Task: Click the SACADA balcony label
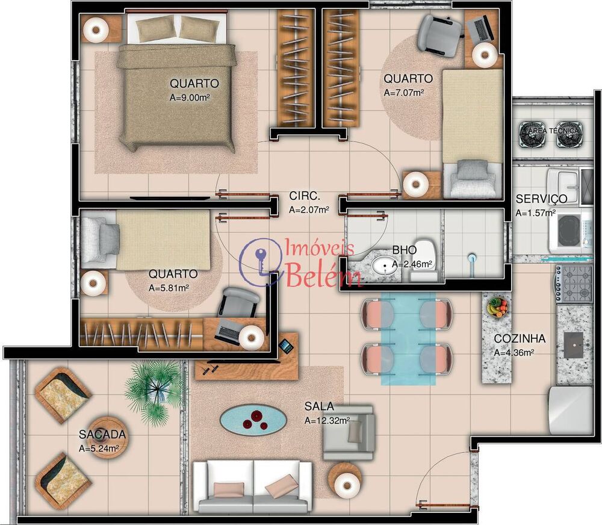[x=102, y=434]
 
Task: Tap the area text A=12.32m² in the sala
[x=327, y=421]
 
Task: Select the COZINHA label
[x=520, y=338]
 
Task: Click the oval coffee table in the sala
[x=253, y=418]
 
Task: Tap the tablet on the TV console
[x=285, y=346]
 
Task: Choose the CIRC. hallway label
[x=304, y=196]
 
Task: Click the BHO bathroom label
[x=400, y=249]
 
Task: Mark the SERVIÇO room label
[x=541, y=199]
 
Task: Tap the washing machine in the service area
[x=569, y=231]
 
